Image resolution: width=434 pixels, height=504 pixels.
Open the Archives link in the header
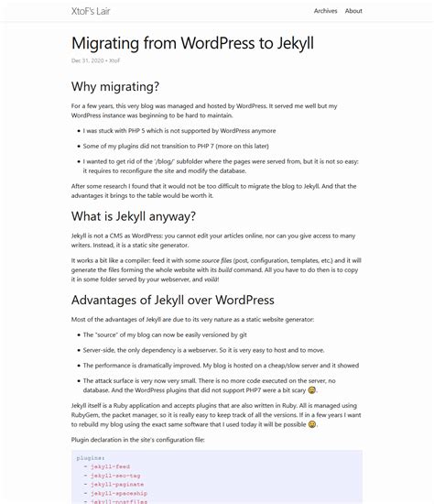click(325, 11)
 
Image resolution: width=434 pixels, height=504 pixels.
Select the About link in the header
click(353, 11)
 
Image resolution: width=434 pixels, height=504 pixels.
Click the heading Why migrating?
click(115, 87)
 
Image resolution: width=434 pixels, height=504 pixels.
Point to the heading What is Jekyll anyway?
click(134, 216)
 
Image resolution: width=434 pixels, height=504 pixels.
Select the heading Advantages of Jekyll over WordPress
click(173, 300)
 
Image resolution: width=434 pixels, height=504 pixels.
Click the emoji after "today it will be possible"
click(312, 424)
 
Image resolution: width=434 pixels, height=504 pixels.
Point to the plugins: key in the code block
click(91, 457)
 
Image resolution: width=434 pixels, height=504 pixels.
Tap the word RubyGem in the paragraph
click(87, 413)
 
